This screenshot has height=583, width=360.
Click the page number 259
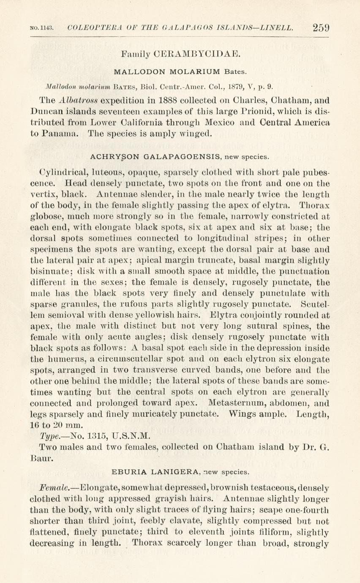click(x=321, y=28)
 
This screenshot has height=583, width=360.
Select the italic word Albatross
click(x=79, y=101)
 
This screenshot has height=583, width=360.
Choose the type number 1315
click(x=98, y=436)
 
